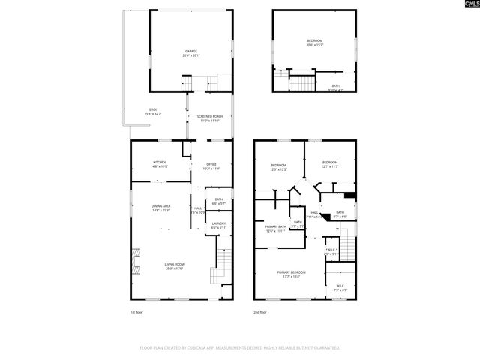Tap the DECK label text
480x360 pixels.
tap(153, 112)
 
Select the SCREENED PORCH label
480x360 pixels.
tap(209, 118)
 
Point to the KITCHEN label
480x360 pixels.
tap(160, 164)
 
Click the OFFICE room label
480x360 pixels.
tap(211, 166)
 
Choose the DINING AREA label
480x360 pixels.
tap(161, 208)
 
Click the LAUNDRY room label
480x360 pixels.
tap(219, 225)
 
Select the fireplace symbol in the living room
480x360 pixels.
tap(135, 261)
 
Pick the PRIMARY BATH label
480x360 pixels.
tap(276, 228)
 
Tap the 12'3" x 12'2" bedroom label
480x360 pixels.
tap(279, 166)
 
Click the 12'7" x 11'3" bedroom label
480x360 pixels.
tap(330, 165)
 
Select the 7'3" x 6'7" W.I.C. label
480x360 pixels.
tap(340, 287)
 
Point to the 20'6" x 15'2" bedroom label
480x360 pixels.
tap(315, 43)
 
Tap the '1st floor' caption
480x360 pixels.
tap(137, 311)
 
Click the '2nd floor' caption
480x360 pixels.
tap(260, 311)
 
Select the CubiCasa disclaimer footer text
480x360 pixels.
tap(240, 348)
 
